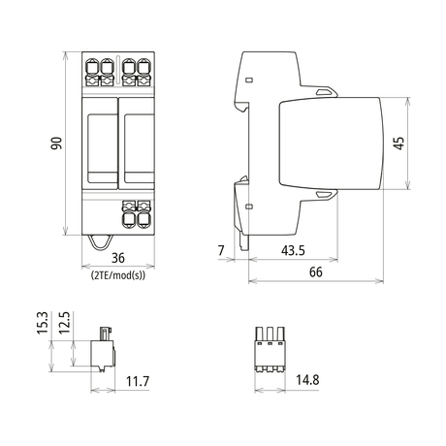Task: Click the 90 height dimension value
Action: pyautogui.click(x=56, y=143)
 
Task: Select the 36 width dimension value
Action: pyautogui.click(x=118, y=258)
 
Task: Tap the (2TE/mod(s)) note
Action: pyautogui.click(x=118, y=275)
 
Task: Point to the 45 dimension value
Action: pyautogui.click(x=399, y=143)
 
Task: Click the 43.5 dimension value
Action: pyautogui.click(x=293, y=250)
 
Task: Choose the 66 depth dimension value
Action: pyautogui.click(x=316, y=272)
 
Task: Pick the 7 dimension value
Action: pyautogui.click(x=221, y=250)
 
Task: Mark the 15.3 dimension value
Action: pyautogui.click(x=43, y=323)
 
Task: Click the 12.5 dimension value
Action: pyautogui.click(x=64, y=323)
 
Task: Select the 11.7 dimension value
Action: pyautogui.click(x=138, y=381)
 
